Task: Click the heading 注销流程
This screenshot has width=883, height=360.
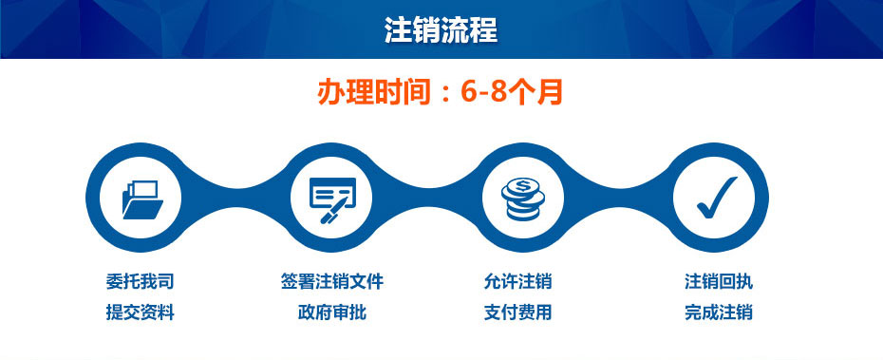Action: (x=441, y=29)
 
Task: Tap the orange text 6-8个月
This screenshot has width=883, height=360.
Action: (x=513, y=93)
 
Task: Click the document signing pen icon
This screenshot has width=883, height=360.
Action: (x=332, y=199)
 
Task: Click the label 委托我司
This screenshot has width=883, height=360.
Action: (x=141, y=281)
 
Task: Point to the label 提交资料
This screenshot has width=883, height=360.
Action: (x=141, y=313)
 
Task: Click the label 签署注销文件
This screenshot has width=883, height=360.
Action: (x=332, y=281)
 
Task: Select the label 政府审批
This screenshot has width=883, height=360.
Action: (x=332, y=313)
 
